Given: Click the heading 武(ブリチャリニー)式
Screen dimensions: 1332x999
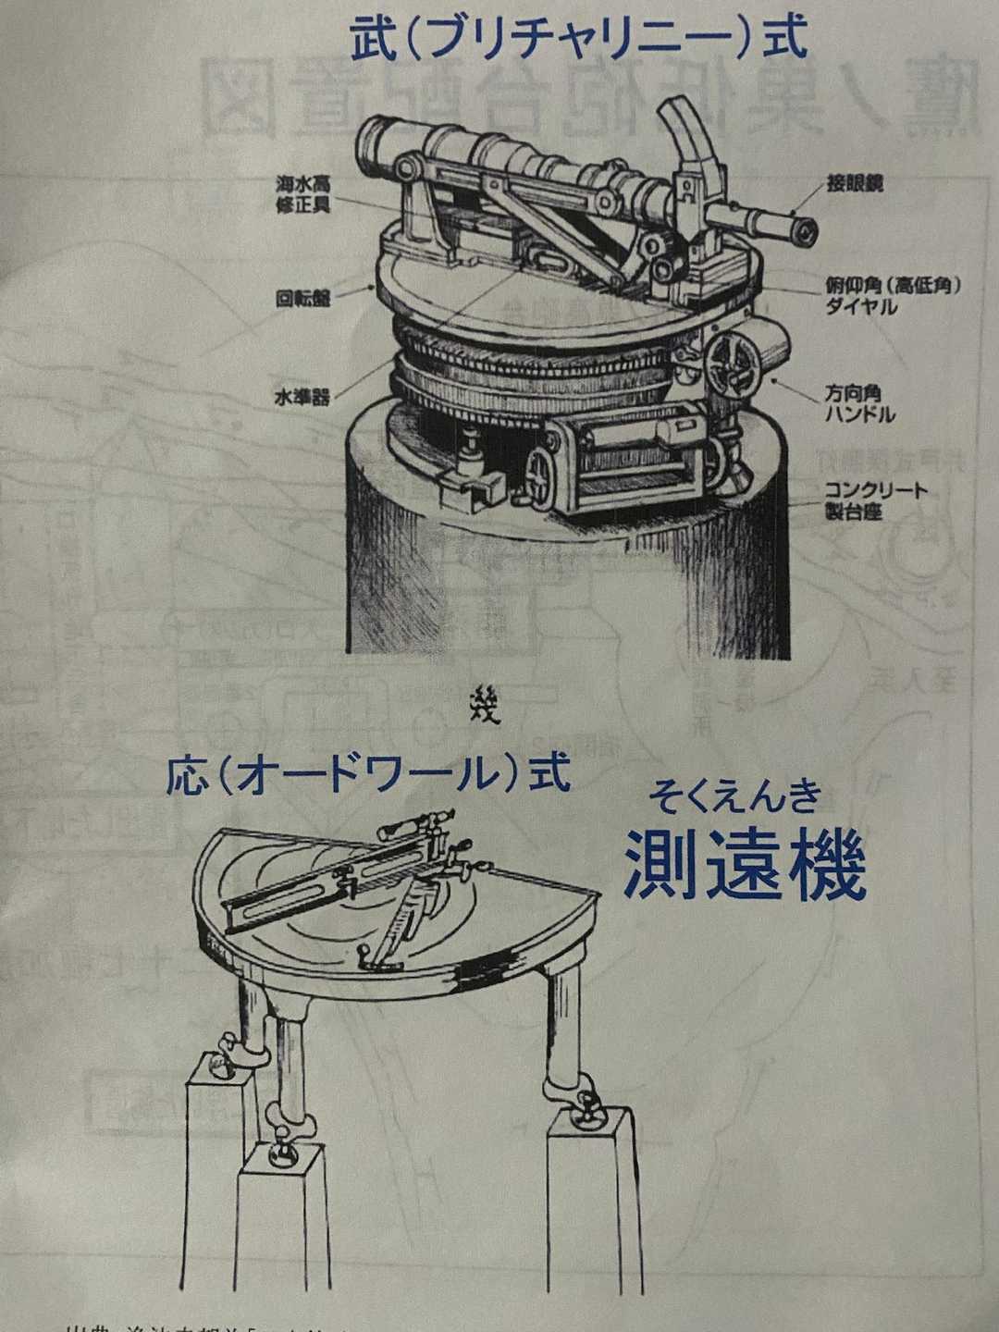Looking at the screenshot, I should (x=579, y=39).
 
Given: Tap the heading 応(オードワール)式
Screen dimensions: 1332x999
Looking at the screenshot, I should (x=368, y=775).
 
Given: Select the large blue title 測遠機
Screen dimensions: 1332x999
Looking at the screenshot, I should (x=746, y=865).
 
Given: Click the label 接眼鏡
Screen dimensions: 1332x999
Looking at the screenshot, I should (x=856, y=183).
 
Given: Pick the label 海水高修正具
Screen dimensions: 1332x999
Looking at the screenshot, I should (x=302, y=194).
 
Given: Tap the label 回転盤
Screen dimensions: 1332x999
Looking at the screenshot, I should (x=302, y=298).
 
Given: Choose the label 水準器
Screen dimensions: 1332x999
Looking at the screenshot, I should (x=302, y=399).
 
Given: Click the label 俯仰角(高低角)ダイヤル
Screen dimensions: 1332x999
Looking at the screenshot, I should (x=892, y=295).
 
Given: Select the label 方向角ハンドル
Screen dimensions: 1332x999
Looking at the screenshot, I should (x=859, y=404).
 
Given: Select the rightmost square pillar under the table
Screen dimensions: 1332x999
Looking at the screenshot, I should (x=592, y=1193).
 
